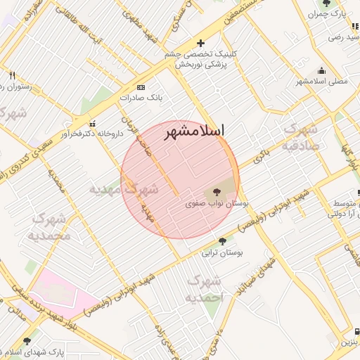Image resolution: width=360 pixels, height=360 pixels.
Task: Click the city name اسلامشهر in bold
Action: tap(193, 131)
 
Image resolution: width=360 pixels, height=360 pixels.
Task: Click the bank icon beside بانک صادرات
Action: tap(141, 87)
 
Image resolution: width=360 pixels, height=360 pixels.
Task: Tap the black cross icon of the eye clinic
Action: tap(201, 43)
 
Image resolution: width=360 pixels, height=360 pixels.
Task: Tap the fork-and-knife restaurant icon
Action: tap(13, 75)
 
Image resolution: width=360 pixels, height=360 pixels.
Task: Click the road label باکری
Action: tap(262, 156)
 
